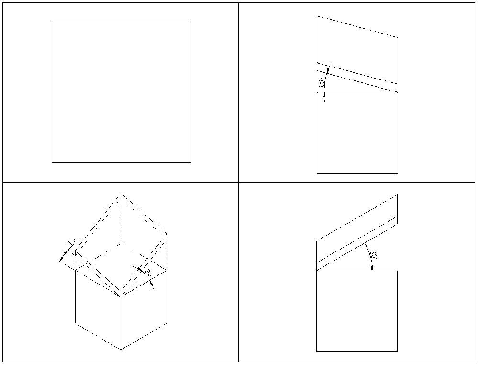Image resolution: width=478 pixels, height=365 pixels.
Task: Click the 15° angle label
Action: tap(321, 82)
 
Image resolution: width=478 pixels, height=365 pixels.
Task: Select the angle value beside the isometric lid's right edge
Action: tap(148, 274)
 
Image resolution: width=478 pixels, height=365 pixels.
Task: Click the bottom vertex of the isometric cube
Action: tap(121, 349)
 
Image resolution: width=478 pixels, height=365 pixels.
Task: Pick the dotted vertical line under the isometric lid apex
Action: tap(121, 220)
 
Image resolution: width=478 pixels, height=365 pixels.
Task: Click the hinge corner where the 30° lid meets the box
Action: tap(317, 271)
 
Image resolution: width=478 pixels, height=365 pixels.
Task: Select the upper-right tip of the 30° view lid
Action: tap(398, 195)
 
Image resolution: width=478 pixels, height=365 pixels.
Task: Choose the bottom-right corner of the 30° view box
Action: tap(398, 351)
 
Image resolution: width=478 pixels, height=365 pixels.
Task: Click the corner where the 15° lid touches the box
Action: tap(398, 92)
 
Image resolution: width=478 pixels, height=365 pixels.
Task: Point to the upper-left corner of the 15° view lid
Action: tap(317, 16)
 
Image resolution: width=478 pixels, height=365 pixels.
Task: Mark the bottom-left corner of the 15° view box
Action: tap(317, 173)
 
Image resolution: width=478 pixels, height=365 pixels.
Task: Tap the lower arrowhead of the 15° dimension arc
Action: tap(325, 98)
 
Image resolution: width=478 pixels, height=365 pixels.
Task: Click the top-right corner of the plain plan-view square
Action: tap(191, 22)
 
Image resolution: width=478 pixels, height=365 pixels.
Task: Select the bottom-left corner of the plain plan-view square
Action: tap(52, 162)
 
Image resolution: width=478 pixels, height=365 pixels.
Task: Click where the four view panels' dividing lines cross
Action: tap(238, 182)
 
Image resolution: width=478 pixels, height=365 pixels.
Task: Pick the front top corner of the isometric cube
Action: tap(121, 297)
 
